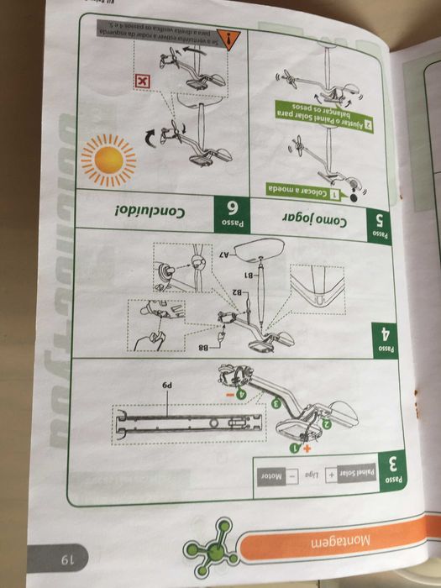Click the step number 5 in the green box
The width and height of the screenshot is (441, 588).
coord(381,220)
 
